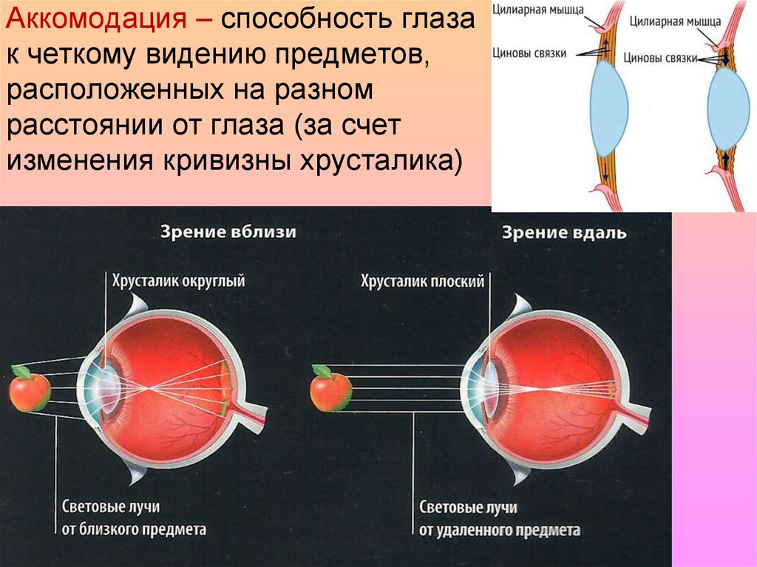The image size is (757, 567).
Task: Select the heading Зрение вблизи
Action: [228, 232]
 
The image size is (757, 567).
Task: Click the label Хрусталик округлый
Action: [178, 281]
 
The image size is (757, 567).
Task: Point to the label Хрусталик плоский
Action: [422, 281]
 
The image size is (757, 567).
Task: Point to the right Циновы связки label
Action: [661, 57]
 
